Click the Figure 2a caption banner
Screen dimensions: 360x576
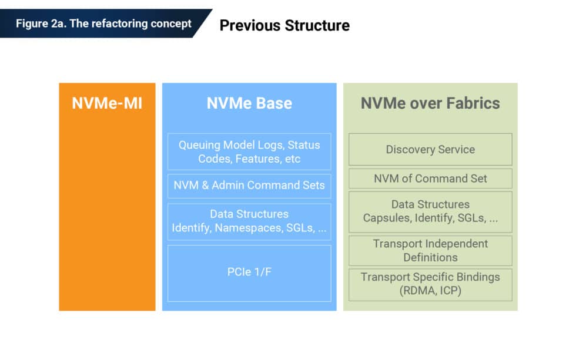pyautogui.click(x=103, y=23)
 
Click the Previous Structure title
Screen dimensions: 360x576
pyautogui.click(x=284, y=25)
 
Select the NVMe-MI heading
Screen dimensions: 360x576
pyautogui.click(x=107, y=103)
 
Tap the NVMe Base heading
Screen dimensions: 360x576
pyautogui.click(x=249, y=103)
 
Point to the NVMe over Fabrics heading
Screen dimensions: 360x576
pyautogui.click(x=430, y=103)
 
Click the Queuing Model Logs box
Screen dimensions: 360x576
pyautogui.click(x=249, y=152)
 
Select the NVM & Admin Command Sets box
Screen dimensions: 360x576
pyautogui.click(x=249, y=186)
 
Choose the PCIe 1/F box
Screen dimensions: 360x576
pyautogui.click(x=249, y=273)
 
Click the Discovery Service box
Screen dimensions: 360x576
pyautogui.click(x=430, y=149)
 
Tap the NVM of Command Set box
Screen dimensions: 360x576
pyautogui.click(x=430, y=179)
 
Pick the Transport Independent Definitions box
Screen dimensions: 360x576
pyautogui.click(x=430, y=251)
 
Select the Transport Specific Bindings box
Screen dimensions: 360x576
pyautogui.click(x=430, y=284)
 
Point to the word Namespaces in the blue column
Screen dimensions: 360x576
pyautogui.click(x=247, y=228)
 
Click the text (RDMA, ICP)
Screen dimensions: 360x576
pyautogui.click(x=430, y=291)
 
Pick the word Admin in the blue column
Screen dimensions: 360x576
pyautogui.click(x=228, y=186)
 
